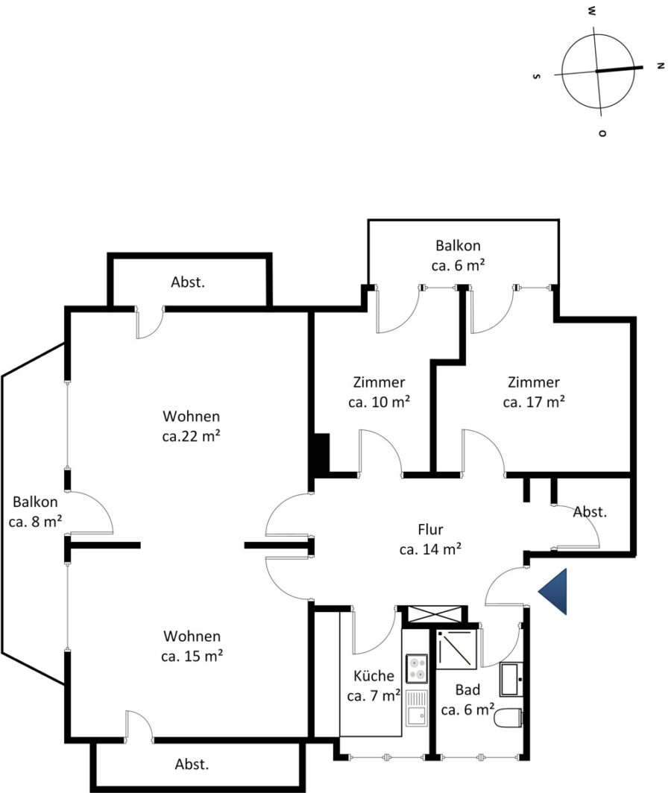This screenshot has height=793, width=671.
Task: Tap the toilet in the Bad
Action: tap(508, 718)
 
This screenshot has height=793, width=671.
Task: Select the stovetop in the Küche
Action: tap(417, 669)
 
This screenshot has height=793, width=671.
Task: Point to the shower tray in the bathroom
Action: tap(456, 649)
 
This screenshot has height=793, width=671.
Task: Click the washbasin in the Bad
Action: tap(511, 679)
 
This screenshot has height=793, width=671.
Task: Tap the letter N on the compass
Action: tap(660, 66)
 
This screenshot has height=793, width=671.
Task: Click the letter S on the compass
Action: tap(537, 76)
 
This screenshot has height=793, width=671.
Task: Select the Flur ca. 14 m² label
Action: tap(430, 539)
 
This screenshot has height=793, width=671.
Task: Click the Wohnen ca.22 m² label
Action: tap(192, 426)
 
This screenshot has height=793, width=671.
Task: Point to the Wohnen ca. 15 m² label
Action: tap(192, 646)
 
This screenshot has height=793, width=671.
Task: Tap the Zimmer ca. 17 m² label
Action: tap(534, 392)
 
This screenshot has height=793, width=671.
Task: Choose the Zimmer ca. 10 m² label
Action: tap(379, 392)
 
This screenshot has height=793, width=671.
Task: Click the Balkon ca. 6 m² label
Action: tap(458, 256)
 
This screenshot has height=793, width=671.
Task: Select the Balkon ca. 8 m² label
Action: tap(36, 511)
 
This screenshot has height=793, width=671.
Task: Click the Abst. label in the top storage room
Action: tap(188, 282)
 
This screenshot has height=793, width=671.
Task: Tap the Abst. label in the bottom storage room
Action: tap(192, 764)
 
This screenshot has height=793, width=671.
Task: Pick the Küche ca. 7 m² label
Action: tap(374, 686)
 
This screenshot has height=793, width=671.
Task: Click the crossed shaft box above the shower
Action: tap(435, 614)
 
